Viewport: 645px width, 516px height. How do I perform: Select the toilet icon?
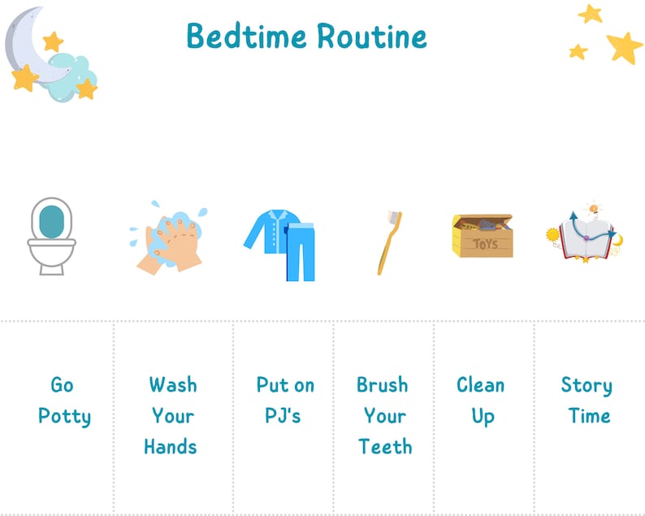pyautogui.click(x=50, y=236)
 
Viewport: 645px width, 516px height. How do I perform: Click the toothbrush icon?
pyautogui.click(x=388, y=241)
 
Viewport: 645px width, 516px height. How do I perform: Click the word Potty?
pyautogui.click(x=64, y=416)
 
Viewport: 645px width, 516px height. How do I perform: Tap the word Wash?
pyautogui.click(x=173, y=384)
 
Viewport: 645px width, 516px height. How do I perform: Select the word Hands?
pyautogui.click(x=171, y=446)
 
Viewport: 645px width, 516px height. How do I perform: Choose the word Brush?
pyautogui.click(x=383, y=384)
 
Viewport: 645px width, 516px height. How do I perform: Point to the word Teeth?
pyautogui.click(x=385, y=446)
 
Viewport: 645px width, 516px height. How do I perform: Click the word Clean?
pyautogui.click(x=480, y=384)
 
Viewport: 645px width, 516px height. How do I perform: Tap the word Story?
pyautogui.click(x=587, y=384)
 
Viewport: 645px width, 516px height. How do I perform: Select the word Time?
pyautogui.click(x=589, y=415)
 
